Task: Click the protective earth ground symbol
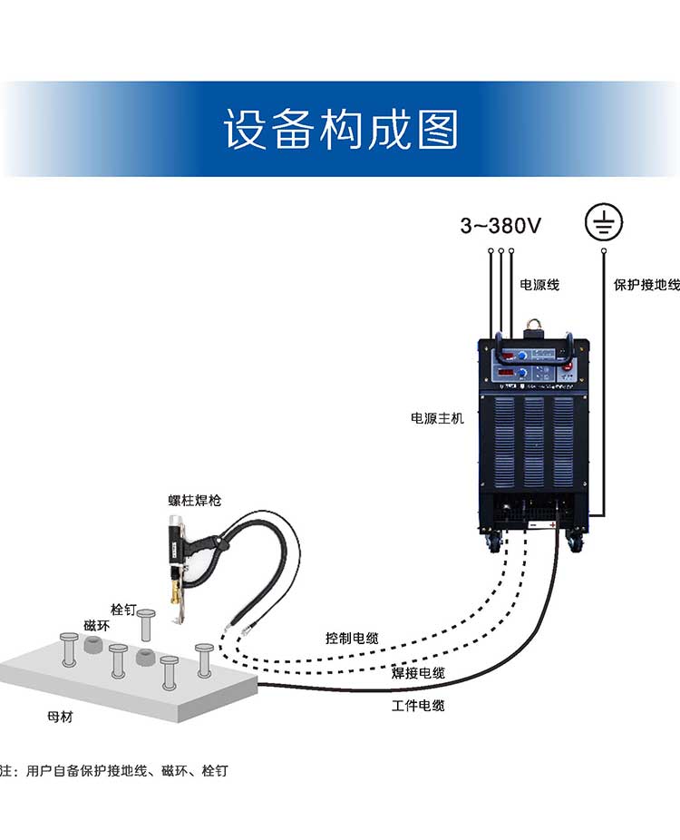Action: point(603,221)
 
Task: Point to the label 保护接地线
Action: point(646,285)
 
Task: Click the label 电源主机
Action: point(437,419)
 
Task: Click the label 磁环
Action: point(96,626)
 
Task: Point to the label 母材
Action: point(60,717)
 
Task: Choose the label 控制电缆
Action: point(352,638)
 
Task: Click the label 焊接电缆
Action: point(418,673)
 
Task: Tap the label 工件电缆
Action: point(418,705)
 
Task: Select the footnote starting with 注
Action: point(113,771)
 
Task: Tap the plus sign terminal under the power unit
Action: point(551,525)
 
